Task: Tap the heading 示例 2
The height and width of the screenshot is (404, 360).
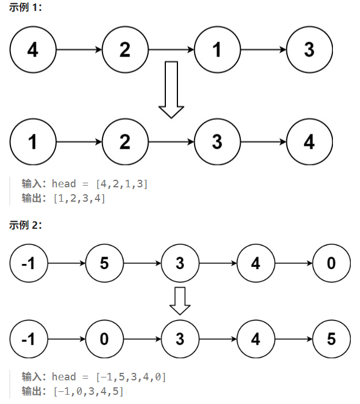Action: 25,225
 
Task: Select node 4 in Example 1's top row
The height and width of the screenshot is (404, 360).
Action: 33,50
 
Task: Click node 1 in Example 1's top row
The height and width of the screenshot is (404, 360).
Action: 217,50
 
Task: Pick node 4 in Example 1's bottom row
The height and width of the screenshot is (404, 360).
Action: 309,141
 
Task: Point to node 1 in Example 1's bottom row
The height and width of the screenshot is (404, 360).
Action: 33,141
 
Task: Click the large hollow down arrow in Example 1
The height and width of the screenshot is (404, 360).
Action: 172,89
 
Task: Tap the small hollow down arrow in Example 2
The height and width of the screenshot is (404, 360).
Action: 180,301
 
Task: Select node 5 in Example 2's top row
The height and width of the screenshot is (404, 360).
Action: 104,263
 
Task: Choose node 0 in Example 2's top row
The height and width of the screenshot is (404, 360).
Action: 331,263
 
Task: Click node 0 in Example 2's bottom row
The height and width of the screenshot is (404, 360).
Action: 104,339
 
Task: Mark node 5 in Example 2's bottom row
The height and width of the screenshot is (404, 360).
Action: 331,339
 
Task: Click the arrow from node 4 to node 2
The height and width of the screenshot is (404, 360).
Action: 79,50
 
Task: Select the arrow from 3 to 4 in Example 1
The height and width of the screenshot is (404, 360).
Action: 263,141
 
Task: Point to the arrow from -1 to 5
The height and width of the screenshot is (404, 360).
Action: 67,263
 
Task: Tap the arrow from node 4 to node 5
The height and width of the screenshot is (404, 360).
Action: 293,339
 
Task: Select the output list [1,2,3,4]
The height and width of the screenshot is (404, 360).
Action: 79,199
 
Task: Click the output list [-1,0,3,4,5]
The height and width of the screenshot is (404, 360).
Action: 88,392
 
